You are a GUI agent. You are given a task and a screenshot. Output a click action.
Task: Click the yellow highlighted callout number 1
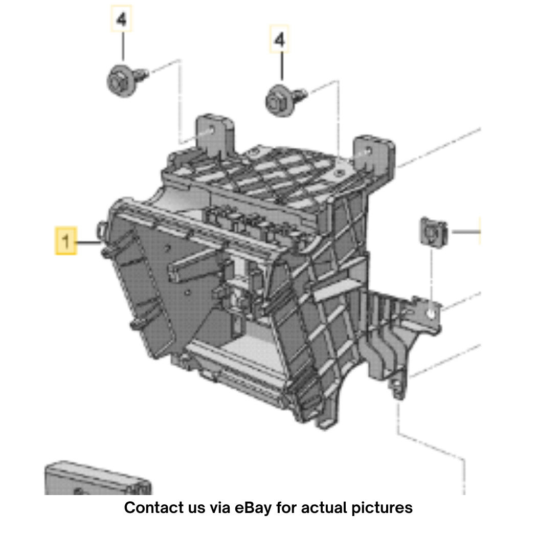click(66, 240)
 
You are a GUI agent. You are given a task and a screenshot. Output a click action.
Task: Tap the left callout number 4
click(121, 19)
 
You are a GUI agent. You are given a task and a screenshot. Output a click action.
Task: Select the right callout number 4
click(279, 39)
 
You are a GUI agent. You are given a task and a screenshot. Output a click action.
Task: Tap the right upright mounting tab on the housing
click(374, 154)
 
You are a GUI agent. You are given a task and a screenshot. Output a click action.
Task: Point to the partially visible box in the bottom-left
click(98, 478)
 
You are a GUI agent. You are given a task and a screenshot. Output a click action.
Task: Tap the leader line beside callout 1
click(88, 242)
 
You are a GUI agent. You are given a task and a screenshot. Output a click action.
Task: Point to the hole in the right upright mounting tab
click(369, 150)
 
